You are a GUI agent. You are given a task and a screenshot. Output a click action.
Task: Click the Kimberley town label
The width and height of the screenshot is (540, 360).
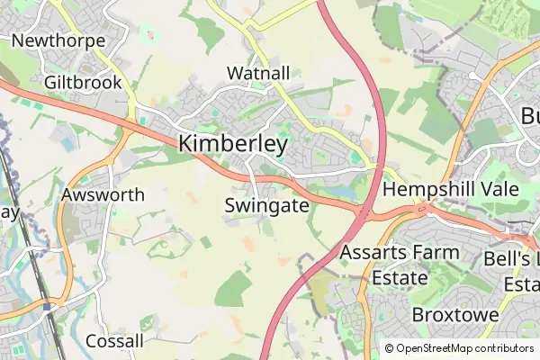233,144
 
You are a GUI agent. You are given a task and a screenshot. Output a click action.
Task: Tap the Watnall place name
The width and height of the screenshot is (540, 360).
258,72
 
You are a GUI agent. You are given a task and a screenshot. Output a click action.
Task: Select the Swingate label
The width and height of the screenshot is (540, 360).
266,206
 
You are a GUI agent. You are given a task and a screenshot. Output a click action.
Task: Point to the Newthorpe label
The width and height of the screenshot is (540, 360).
58,41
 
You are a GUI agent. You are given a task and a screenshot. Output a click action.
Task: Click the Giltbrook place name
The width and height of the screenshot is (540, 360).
82,82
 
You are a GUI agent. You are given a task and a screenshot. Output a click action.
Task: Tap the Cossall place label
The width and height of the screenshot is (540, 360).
114,341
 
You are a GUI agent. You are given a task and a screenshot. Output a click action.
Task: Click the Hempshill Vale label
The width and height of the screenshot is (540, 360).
446,190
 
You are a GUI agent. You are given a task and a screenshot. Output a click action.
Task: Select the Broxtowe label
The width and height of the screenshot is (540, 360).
455,315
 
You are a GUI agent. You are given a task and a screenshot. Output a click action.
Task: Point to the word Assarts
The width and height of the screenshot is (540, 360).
372,252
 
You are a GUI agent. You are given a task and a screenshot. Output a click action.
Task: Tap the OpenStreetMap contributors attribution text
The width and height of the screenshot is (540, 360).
464,348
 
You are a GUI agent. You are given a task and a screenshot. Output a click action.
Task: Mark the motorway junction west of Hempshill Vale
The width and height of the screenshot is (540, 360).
363,214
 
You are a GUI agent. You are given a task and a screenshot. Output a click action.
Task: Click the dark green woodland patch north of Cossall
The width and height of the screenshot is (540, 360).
233,288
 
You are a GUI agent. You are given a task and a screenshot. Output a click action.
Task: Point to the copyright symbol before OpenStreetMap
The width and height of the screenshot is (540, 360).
390,348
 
